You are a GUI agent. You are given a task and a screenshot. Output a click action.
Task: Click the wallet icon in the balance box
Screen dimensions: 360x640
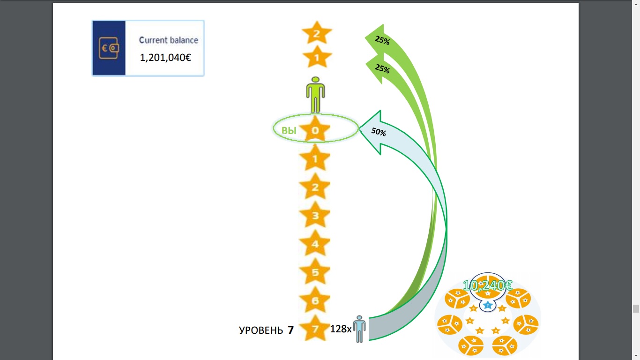point(108,48)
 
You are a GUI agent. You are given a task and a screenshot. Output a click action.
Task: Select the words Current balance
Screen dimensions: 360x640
point(168,40)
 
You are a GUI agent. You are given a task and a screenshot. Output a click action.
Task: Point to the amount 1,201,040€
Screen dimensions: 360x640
point(165,58)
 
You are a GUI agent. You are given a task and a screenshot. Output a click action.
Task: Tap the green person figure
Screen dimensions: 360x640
point(315,94)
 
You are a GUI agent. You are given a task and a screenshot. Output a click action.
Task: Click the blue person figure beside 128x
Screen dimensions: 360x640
point(359,329)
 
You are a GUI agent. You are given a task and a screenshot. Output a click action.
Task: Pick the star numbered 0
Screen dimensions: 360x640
point(315,130)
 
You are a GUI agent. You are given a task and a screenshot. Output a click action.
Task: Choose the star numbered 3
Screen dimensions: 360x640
point(315,216)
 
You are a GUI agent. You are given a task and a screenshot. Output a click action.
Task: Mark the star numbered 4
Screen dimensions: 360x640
point(315,244)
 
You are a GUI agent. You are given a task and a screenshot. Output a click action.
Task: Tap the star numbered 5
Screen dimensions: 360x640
point(315,272)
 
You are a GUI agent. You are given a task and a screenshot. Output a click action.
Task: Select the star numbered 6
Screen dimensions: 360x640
point(315,301)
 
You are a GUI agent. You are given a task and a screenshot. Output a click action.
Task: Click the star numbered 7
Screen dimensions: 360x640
point(315,329)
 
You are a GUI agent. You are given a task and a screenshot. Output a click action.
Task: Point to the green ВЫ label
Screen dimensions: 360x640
point(289,131)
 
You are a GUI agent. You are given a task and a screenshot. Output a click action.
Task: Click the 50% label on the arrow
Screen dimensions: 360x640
point(379,132)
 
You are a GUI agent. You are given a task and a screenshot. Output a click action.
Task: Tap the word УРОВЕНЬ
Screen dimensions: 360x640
point(260,330)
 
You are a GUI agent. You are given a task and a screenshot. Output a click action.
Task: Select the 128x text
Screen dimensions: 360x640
point(341,329)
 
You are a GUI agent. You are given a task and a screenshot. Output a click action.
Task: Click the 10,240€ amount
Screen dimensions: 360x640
point(487,285)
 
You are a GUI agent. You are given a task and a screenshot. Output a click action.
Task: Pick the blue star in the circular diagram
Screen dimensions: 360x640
point(488,305)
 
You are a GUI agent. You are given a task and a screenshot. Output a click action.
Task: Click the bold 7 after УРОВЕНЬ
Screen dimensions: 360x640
point(290,330)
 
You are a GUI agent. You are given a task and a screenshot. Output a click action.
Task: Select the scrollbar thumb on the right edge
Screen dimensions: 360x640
point(636,308)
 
